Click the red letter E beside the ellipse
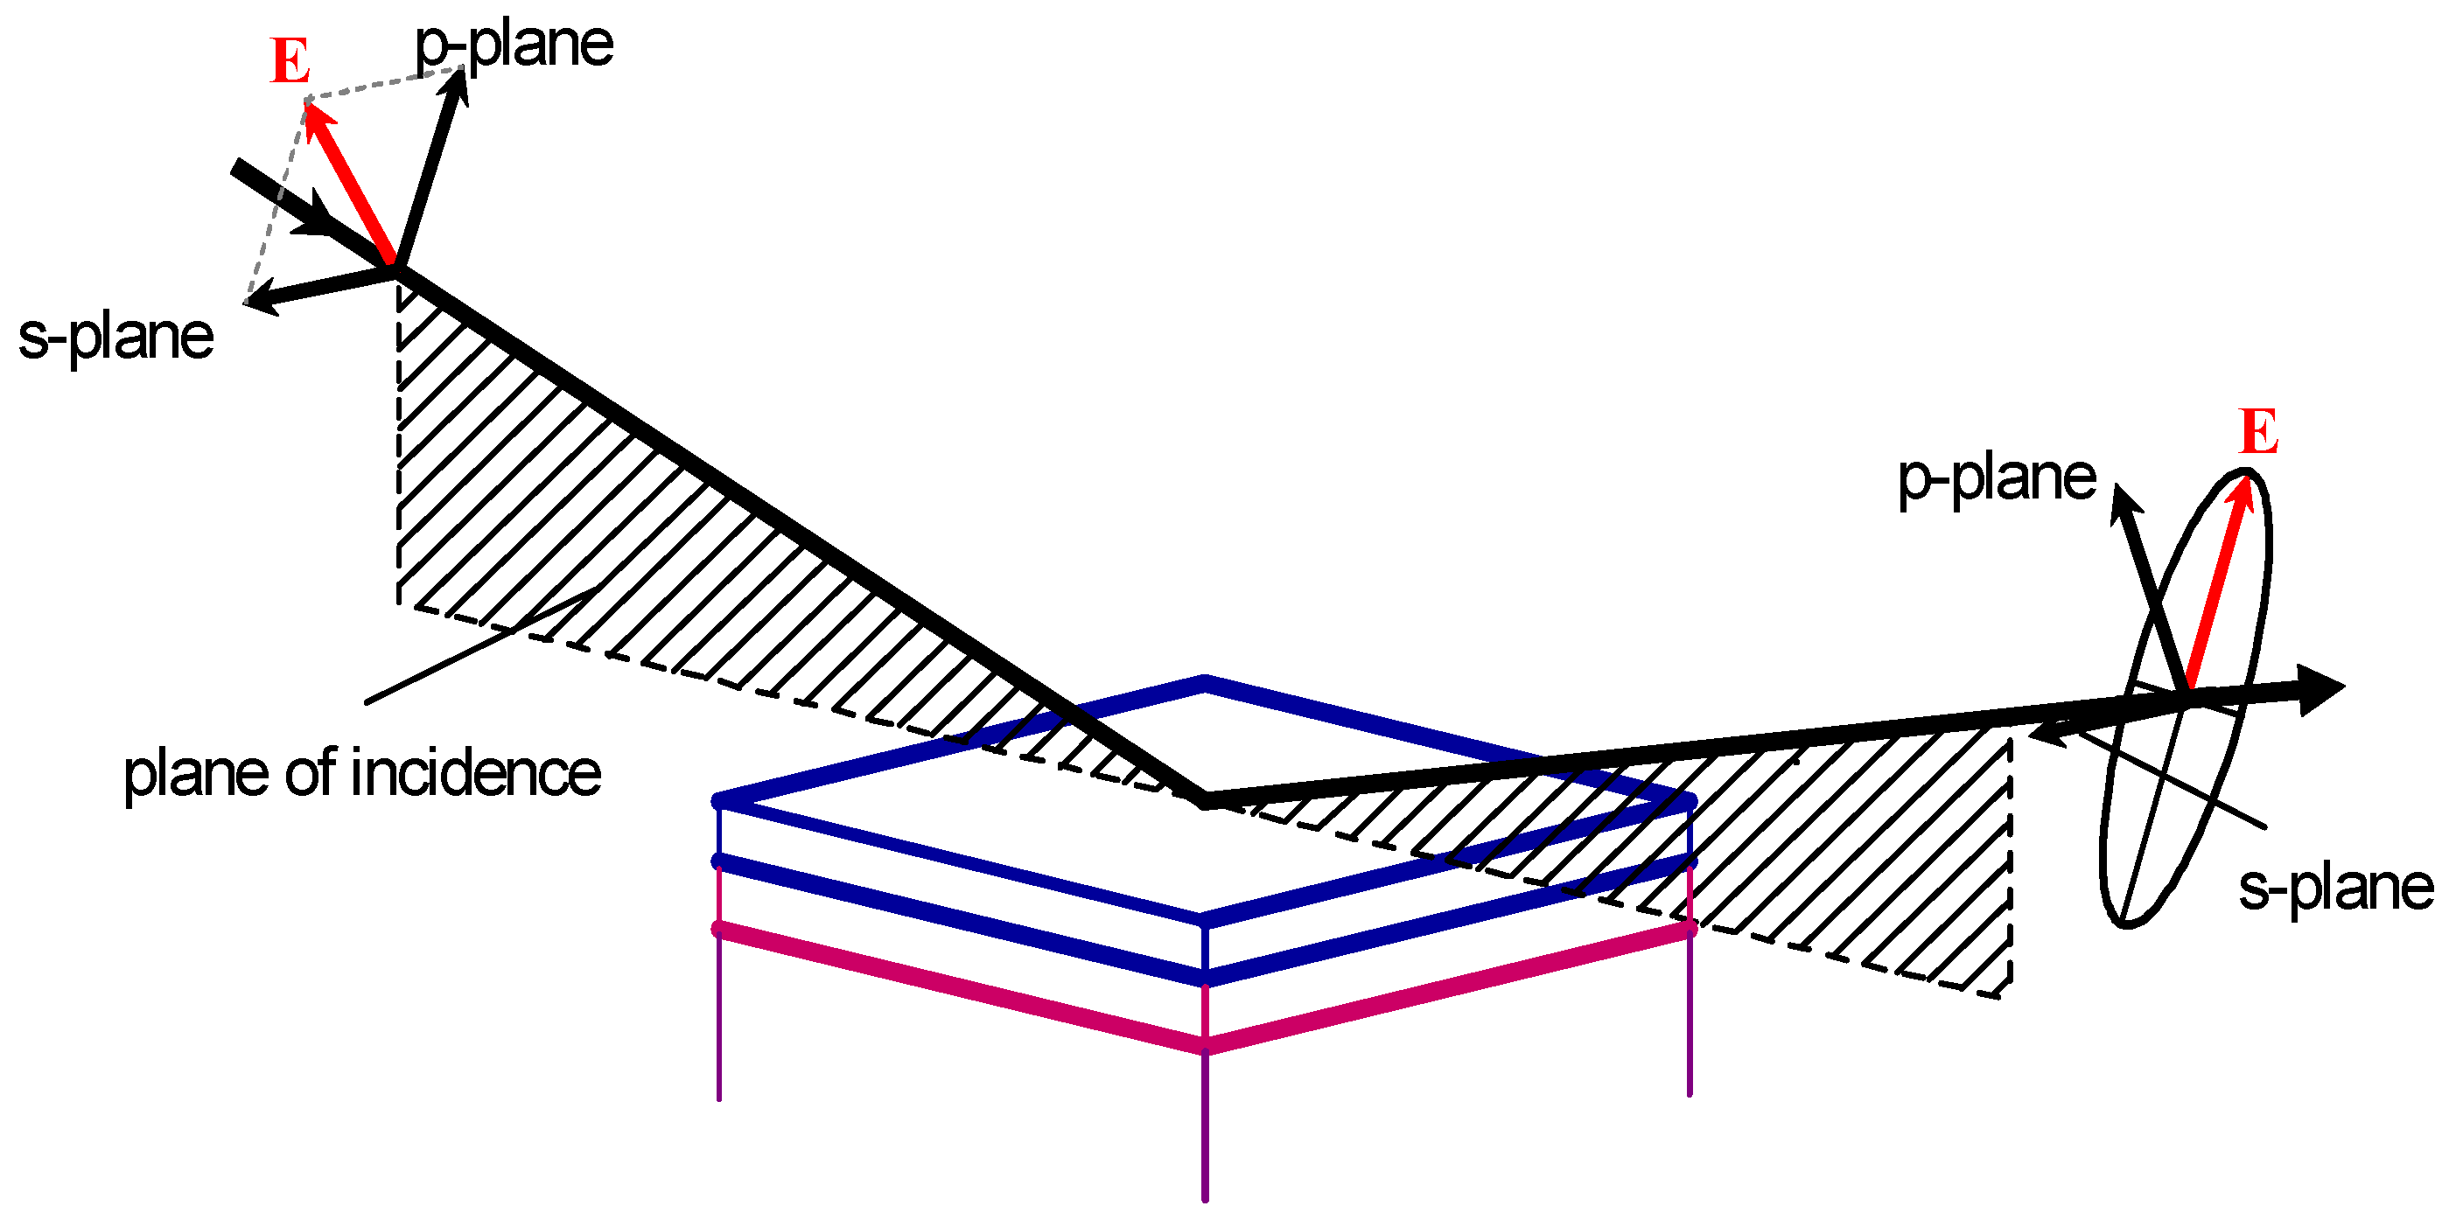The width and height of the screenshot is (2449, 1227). tap(2259, 431)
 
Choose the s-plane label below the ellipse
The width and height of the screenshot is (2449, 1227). tap(2336, 888)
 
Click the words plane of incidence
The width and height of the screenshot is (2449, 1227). tap(362, 771)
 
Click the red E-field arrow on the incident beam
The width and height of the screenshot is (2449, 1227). tap(348, 180)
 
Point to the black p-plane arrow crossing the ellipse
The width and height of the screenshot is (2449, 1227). tap(2151, 589)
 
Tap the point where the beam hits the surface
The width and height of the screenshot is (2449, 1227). tap(1206, 800)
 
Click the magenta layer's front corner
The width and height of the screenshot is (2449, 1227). tap(1205, 1048)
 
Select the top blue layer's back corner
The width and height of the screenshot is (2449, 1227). tap(1205, 681)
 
